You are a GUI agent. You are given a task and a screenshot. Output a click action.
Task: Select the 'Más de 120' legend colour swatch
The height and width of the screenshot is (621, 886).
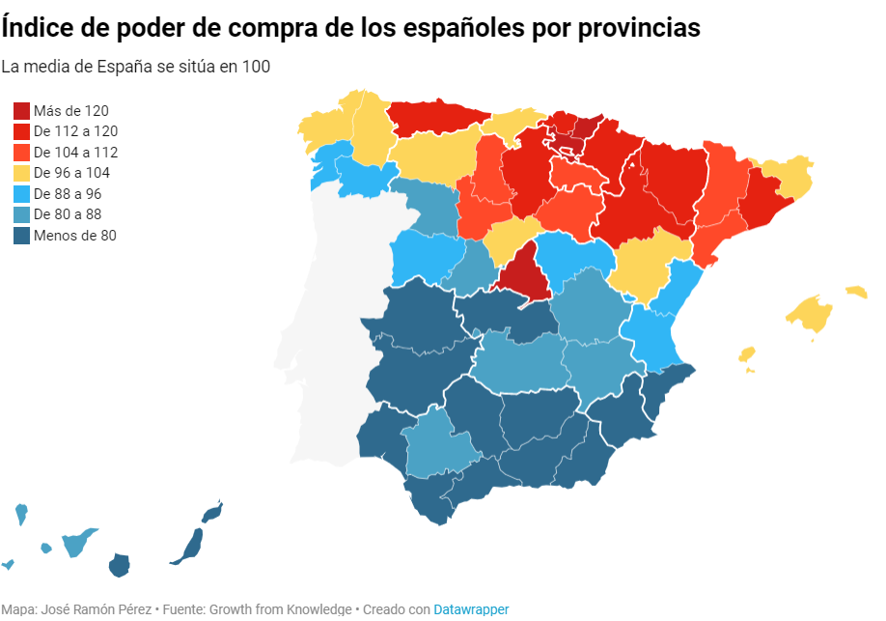click(21, 110)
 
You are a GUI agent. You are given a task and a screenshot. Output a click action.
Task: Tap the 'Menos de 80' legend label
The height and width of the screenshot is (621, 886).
click(75, 236)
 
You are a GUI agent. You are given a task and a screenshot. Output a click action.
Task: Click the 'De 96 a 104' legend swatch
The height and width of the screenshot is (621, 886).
click(21, 173)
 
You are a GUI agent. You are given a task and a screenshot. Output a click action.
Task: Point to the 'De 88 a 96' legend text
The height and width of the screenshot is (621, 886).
click(68, 194)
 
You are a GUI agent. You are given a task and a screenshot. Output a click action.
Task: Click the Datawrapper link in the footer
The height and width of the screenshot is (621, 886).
click(471, 609)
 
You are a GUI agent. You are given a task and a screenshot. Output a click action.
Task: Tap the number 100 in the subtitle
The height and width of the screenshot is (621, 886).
click(256, 67)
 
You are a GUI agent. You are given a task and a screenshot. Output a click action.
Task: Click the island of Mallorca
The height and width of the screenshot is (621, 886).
click(810, 315)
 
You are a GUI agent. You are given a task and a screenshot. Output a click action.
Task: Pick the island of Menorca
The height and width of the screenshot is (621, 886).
click(857, 292)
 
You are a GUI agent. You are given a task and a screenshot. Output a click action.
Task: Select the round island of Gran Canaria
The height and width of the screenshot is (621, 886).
click(120, 565)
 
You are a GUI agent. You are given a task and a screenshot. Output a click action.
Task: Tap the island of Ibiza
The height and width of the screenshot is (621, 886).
click(747, 354)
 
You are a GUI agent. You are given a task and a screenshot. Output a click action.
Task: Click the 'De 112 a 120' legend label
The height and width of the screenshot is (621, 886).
click(75, 131)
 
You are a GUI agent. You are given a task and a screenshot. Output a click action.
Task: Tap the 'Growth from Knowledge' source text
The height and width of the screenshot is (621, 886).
click(281, 609)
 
